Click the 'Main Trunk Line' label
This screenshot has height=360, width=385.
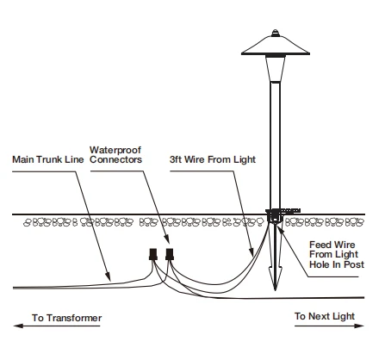(48, 159)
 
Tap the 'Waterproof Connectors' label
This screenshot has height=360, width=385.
(115, 155)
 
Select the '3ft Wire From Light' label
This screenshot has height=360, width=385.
(213, 159)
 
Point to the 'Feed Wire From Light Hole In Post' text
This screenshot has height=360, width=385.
(337, 254)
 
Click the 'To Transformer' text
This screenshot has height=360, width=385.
(67, 318)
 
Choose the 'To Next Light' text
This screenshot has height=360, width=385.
(325, 316)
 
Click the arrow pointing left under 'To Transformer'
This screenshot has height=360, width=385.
(57, 326)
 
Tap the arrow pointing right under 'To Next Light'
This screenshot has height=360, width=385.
(329, 326)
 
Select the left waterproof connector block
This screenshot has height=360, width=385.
(153, 254)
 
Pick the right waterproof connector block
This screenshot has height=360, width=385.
(170, 254)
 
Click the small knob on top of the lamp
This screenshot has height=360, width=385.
(275, 33)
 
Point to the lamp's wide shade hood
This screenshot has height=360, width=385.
(276, 46)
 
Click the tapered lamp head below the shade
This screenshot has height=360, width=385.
(276, 69)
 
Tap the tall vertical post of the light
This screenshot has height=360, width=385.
(275, 146)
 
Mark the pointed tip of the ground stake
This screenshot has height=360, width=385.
(276, 289)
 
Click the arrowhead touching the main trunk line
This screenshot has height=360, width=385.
(108, 276)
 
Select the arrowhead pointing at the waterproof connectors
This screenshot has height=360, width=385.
(166, 239)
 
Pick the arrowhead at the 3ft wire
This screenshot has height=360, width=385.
(251, 251)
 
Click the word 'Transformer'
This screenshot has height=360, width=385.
(74, 318)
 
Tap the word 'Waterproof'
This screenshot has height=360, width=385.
(115, 150)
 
